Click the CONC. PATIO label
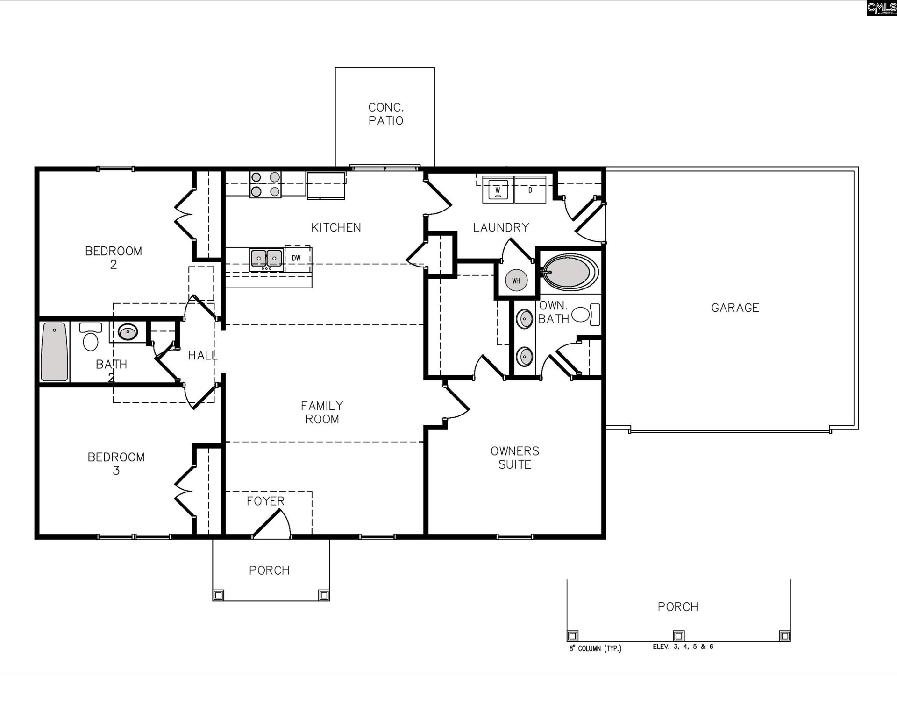(x=385, y=114)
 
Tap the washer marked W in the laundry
(x=498, y=190)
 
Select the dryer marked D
(x=530, y=190)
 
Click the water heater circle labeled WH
(x=516, y=281)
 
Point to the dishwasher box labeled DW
(x=297, y=258)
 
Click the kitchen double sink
(x=266, y=258)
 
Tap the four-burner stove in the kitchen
(x=265, y=184)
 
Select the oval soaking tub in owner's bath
(x=570, y=273)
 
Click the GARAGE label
(x=735, y=308)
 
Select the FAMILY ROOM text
(x=322, y=412)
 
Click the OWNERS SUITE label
(x=515, y=457)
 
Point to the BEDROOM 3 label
(x=116, y=464)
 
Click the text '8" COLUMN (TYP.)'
(x=595, y=648)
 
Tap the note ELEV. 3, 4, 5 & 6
(x=683, y=647)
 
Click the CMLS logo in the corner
(x=881, y=8)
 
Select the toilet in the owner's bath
(x=586, y=315)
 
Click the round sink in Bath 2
(x=127, y=332)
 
